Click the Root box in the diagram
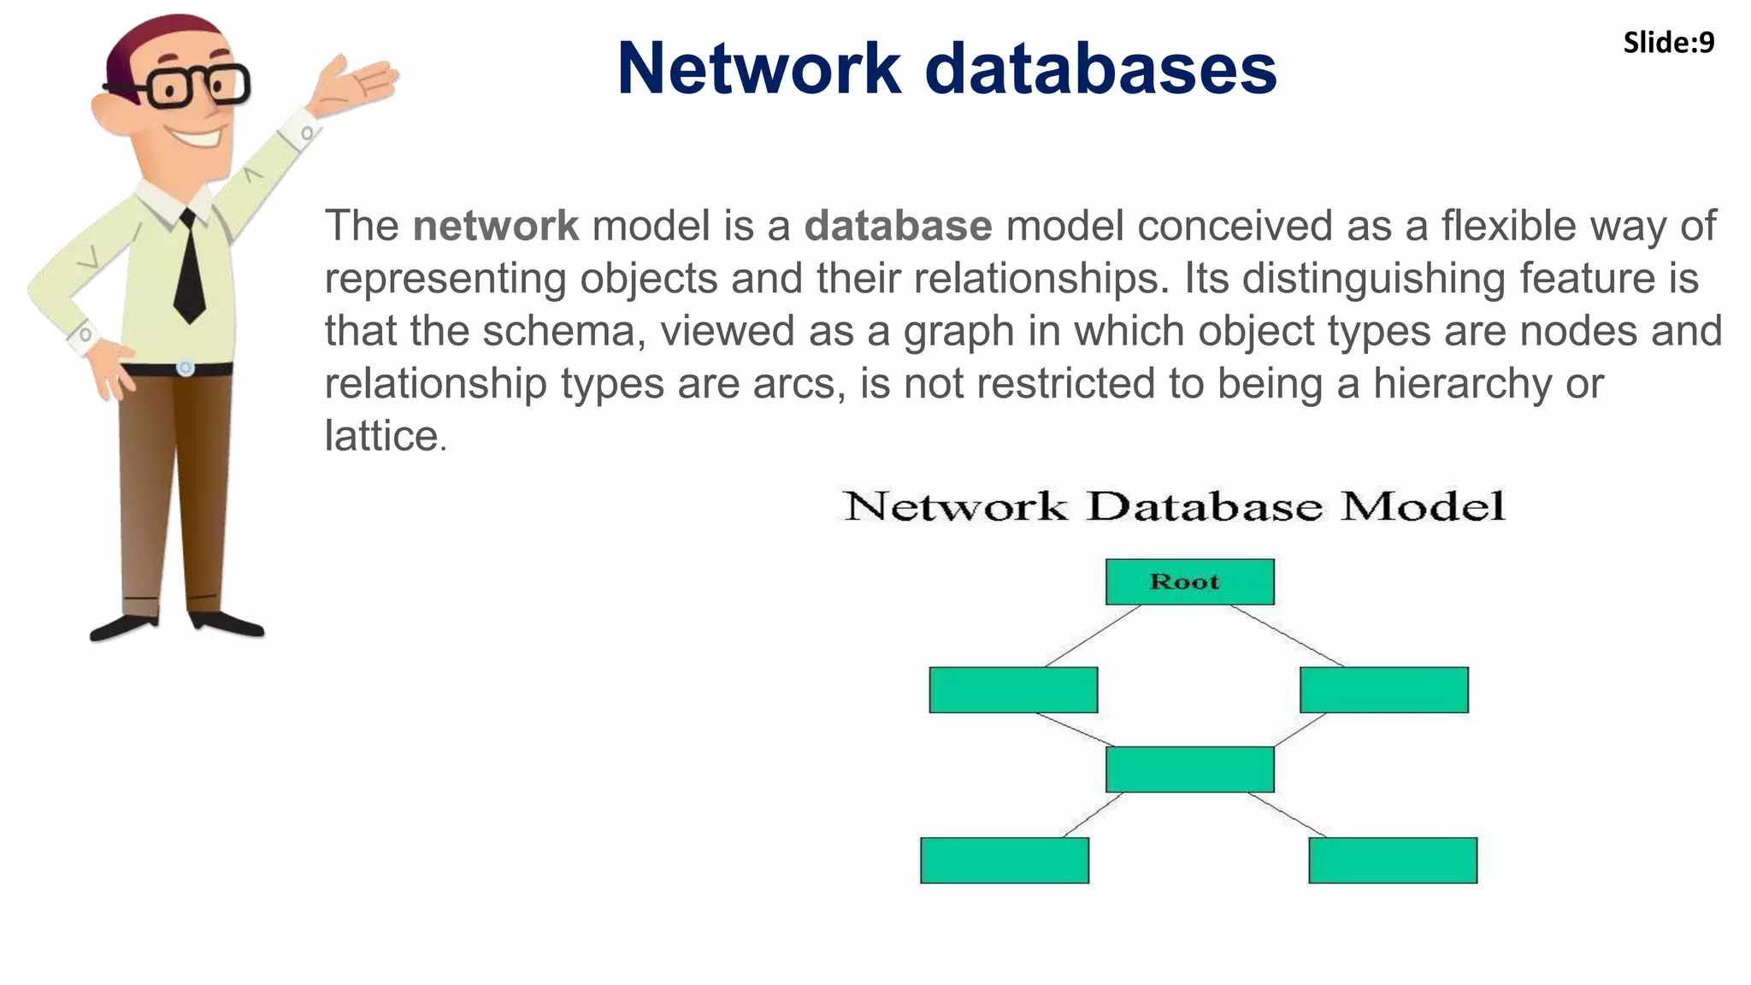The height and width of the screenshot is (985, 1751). click(x=1189, y=582)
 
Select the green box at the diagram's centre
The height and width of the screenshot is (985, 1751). click(x=1189, y=770)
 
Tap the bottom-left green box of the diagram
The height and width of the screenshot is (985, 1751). click(x=1005, y=860)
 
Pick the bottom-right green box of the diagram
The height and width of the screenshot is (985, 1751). click(x=1393, y=860)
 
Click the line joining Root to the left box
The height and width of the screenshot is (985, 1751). click(x=1093, y=635)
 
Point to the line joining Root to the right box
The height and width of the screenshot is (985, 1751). click(x=1287, y=635)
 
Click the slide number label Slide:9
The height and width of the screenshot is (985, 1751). click(x=1668, y=43)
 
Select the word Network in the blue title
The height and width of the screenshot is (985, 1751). click(x=758, y=68)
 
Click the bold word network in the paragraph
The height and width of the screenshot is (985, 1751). click(x=495, y=226)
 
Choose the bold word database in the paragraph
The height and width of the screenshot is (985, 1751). click(x=898, y=226)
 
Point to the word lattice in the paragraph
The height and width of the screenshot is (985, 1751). click(x=382, y=436)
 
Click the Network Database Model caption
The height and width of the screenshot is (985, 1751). click(x=1173, y=506)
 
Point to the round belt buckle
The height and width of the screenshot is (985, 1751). click(x=186, y=369)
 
